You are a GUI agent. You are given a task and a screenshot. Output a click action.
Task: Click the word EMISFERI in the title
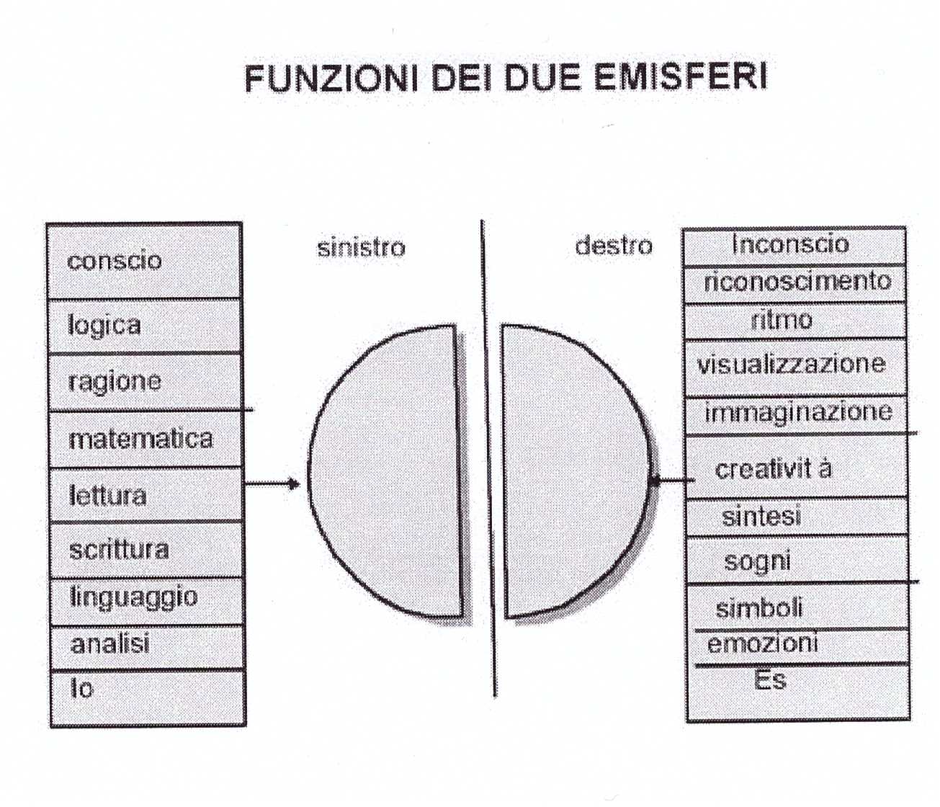pos(681,77)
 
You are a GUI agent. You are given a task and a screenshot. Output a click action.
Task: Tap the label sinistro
pos(361,248)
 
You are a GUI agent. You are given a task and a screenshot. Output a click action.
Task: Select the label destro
pos(614,246)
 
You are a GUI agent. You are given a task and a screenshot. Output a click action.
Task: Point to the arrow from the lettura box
pos(272,483)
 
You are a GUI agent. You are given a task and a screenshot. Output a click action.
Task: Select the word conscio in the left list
pos(115,260)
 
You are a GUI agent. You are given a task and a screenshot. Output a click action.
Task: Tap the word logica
pos(104,325)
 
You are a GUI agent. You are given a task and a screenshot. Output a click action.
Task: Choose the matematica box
pos(144,439)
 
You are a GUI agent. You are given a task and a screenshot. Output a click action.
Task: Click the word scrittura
pos(119,550)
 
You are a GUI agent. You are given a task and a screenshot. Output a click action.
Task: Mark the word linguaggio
pos(134,597)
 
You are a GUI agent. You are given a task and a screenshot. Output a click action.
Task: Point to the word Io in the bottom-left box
pos(81,689)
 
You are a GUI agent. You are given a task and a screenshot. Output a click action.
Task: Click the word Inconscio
pos(790,244)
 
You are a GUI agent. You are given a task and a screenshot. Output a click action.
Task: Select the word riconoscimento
pos(797,281)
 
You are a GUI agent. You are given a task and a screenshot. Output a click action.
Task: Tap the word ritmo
pos(782,319)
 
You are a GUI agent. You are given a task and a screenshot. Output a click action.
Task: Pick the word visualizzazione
pos(791,363)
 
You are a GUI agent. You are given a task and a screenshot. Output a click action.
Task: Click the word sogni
pos(757,561)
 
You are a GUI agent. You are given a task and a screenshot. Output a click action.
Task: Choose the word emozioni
pos(763,643)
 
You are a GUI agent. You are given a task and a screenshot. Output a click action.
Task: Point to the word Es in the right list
pos(770,679)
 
